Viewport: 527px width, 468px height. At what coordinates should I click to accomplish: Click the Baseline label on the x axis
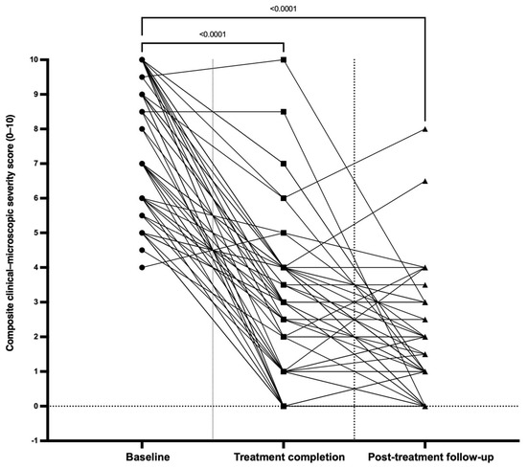pos(148,457)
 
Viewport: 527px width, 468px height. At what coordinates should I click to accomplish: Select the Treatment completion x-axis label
pos(289,457)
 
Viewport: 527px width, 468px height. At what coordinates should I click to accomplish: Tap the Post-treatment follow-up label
pos(431,457)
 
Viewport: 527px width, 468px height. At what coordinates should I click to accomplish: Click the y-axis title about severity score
pos(11,234)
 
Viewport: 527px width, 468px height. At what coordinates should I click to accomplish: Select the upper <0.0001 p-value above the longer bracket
pos(284,9)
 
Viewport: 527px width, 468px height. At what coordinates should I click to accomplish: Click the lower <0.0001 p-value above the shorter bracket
pos(213,34)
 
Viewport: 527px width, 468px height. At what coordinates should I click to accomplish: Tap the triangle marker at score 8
pos(425,129)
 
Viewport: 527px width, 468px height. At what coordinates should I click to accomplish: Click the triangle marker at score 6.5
pos(425,181)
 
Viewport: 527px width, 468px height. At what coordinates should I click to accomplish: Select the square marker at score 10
pos(284,59)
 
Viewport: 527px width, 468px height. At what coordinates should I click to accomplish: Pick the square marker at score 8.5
pos(284,112)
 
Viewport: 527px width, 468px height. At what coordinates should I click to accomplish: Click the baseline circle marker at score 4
pos(142,268)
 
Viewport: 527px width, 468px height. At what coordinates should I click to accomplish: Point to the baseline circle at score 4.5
pos(142,250)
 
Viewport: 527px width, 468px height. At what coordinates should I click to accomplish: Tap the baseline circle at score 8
pos(142,129)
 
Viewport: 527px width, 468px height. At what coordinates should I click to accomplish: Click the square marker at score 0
pos(284,406)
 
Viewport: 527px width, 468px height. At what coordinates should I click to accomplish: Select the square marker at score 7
pos(284,164)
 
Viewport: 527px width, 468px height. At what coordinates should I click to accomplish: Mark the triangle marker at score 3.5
pos(425,285)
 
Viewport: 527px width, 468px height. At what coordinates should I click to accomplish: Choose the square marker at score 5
pos(284,233)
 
